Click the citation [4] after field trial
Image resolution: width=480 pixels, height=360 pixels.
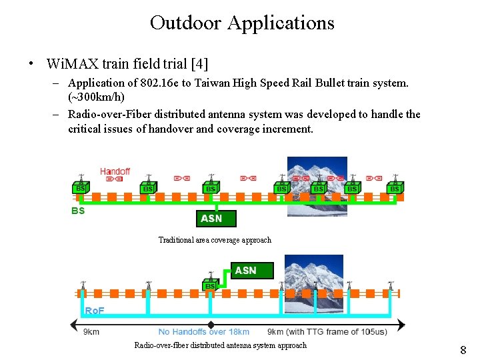199,64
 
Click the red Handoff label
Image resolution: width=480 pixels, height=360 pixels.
115,171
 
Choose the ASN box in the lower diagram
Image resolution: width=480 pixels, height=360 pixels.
245,270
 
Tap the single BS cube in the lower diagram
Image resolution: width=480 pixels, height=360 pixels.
211,285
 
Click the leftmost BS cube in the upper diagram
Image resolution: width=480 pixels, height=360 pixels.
81,189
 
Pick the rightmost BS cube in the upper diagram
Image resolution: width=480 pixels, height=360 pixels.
395,189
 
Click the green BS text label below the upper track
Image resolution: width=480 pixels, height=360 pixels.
78,211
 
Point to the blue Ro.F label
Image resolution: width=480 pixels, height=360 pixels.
95,311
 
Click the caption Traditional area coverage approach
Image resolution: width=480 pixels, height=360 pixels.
215,240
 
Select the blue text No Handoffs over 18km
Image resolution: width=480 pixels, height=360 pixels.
204,331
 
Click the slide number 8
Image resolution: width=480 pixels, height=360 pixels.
463,350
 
